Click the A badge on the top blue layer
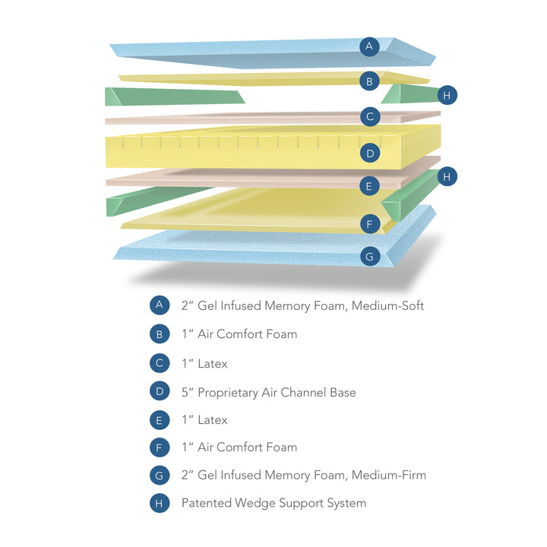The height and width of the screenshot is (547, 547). coord(369,46)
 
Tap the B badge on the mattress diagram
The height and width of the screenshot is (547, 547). coord(369,81)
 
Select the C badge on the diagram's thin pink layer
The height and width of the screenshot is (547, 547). coord(369,117)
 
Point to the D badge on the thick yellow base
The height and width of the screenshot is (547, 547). coord(369,153)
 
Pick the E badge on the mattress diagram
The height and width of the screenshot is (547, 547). coord(369,185)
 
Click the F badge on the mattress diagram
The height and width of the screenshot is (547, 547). coord(369,224)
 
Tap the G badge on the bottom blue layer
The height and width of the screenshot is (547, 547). coord(369,257)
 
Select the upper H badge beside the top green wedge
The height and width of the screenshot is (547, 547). coord(447,95)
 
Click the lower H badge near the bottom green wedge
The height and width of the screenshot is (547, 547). coord(447,176)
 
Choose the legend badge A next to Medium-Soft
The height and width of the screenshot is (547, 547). coord(160,305)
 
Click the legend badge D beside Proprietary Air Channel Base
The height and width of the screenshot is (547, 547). coord(160,392)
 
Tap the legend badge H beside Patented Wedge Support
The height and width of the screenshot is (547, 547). coord(160,503)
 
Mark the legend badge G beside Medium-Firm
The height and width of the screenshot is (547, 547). coord(160,476)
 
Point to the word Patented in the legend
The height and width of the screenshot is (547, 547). coord(209,503)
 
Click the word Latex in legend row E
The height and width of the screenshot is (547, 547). coord(213,420)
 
